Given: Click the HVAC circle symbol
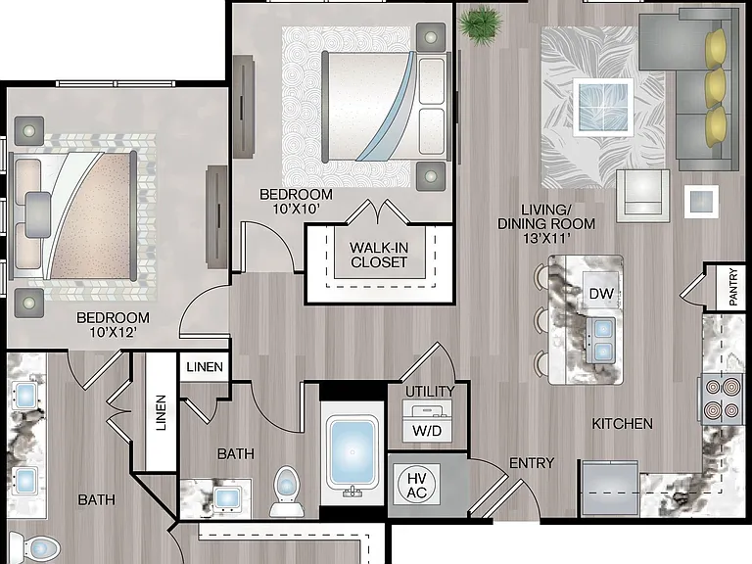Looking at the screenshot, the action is (x=416, y=485).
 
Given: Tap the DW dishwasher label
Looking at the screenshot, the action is (x=601, y=293).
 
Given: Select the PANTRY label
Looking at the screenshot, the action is (x=732, y=287).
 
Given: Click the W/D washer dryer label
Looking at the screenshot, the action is (x=427, y=431).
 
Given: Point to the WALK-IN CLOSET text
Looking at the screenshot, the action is (x=378, y=255).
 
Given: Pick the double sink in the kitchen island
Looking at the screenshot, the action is (x=602, y=341).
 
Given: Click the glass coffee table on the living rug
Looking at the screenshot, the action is (x=603, y=107).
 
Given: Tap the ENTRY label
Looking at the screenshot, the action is (x=532, y=463).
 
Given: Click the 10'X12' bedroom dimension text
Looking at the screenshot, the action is (x=114, y=331).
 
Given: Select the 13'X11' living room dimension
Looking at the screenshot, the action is (x=546, y=238).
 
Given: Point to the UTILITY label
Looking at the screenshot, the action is (x=430, y=392).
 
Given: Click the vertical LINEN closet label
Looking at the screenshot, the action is (x=161, y=412).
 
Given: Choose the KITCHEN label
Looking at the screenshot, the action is (x=622, y=423).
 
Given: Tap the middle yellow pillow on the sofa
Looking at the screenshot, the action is (x=715, y=85).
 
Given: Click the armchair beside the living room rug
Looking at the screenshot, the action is (x=642, y=195).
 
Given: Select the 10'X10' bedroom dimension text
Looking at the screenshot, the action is (x=296, y=209).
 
